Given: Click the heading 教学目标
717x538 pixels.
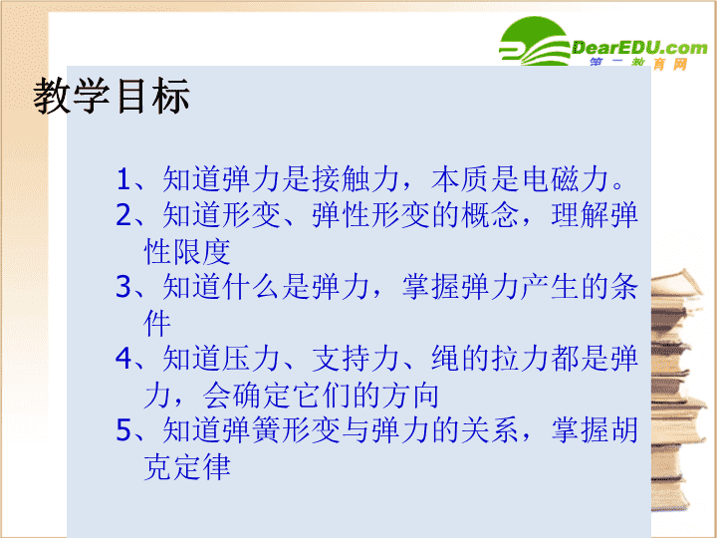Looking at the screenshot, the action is tap(112, 96).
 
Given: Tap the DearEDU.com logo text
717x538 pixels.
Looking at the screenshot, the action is tap(639, 47).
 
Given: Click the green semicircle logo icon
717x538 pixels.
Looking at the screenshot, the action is tap(534, 41).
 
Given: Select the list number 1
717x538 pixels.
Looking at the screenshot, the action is tap(123, 178).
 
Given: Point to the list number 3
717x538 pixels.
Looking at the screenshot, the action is tap(123, 287).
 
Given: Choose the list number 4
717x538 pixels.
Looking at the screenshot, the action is tap(123, 359).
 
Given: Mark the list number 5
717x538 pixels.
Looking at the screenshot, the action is tap(123, 430).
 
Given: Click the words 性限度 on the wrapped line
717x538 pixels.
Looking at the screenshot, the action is tap(187, 251).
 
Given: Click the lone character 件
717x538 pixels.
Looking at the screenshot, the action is tap(157, 323).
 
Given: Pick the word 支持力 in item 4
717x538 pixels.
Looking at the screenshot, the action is tap(357, 359).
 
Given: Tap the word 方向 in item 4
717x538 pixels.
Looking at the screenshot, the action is tap(410, 395).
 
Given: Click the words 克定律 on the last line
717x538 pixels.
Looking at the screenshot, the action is tap(187, 466).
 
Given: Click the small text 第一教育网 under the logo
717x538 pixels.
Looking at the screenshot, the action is tap(638, 64).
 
